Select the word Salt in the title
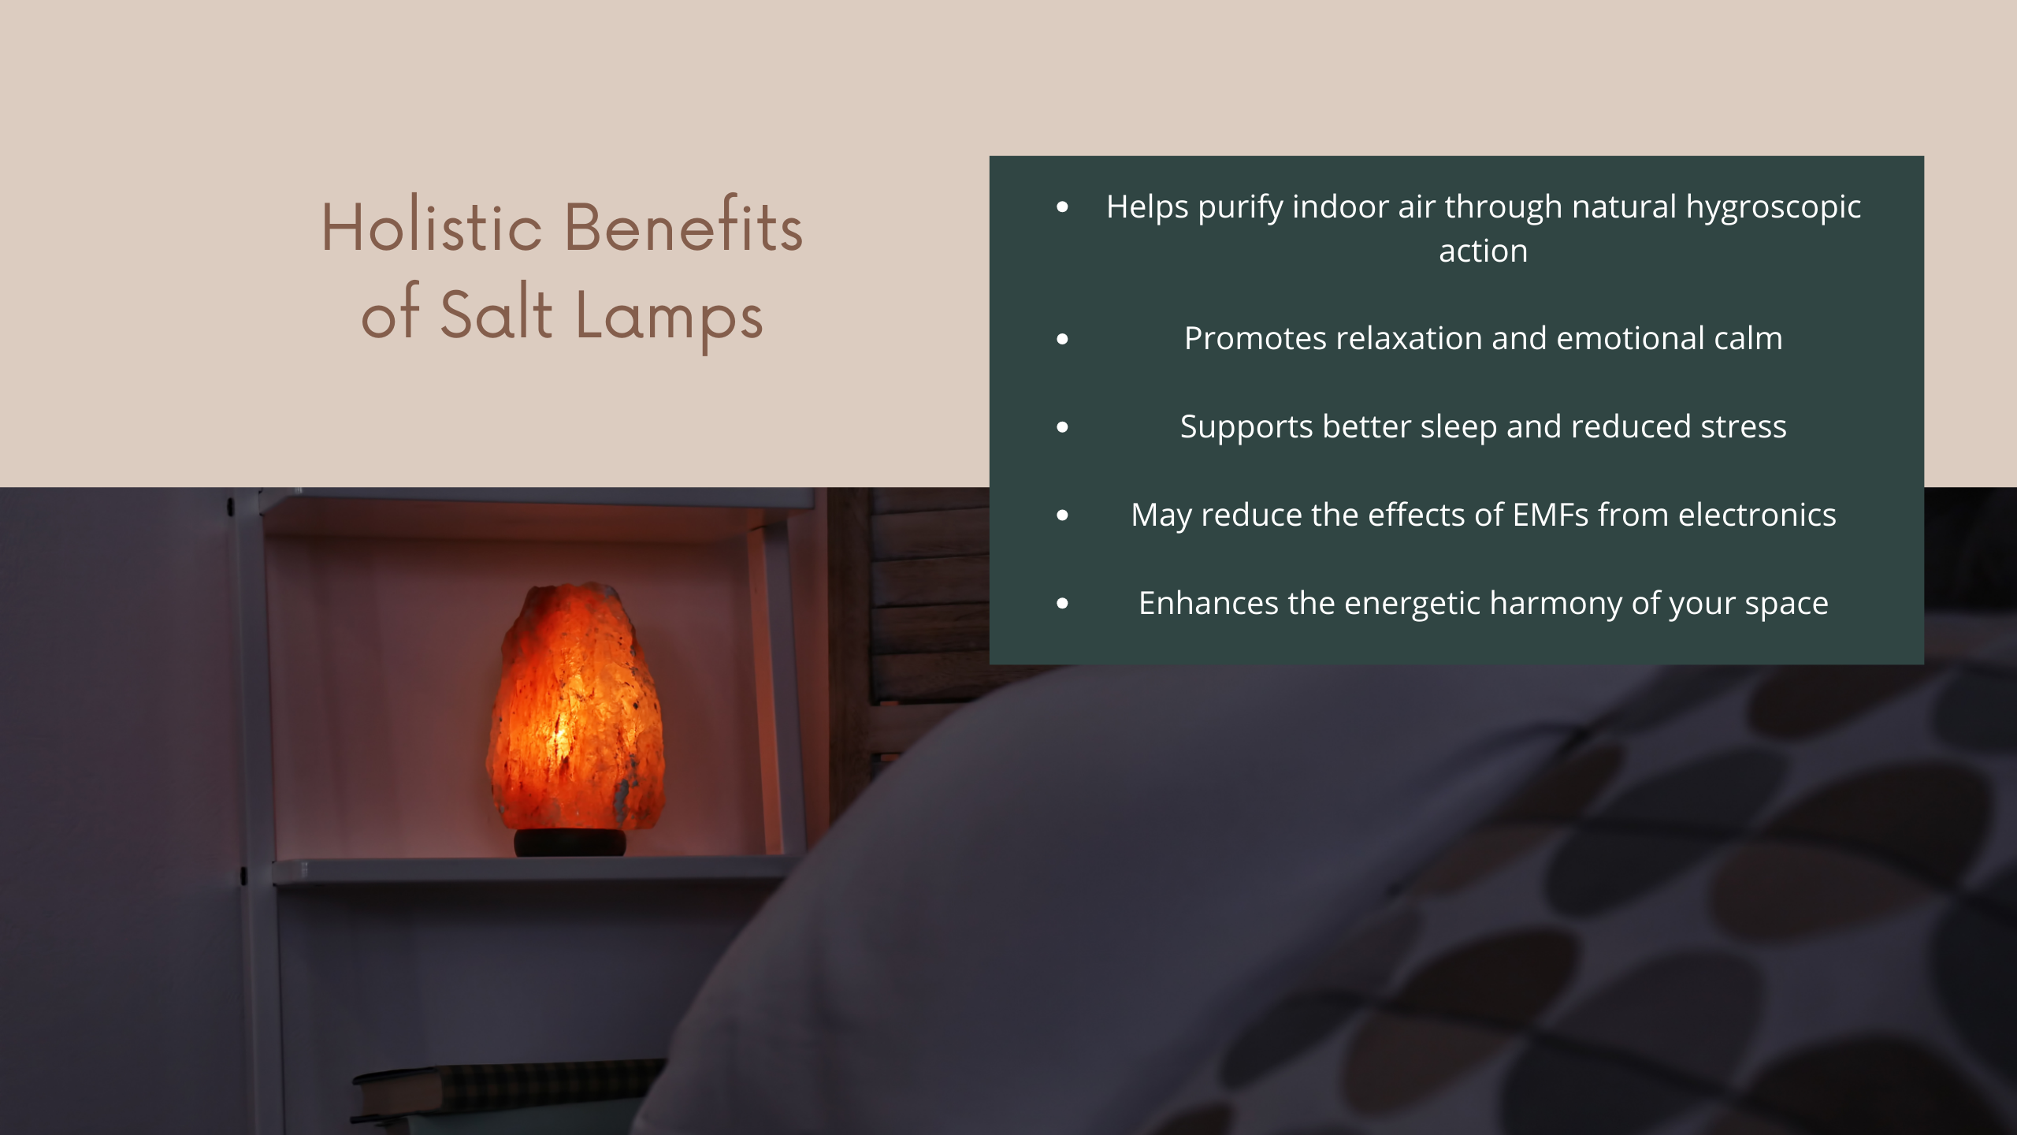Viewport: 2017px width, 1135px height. [496, 313]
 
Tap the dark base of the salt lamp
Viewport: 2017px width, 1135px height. [570, 842]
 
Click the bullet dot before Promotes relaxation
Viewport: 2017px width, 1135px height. [1063, 339]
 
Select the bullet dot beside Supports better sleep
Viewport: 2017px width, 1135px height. [1063, 427]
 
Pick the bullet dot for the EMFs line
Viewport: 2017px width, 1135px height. [1063, 515]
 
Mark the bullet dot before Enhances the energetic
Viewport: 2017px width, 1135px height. [1063, 604]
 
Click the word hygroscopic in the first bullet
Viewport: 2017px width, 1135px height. [1774, 208]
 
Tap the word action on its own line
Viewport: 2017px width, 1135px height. [1484, 251]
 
